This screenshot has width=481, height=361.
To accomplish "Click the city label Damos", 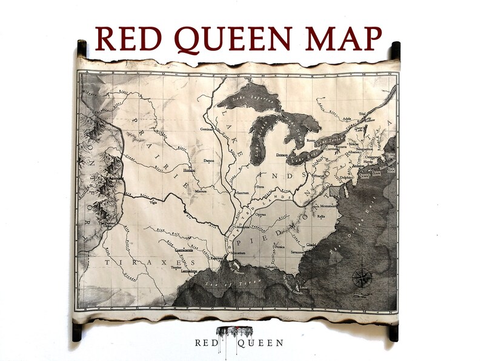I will [x=209, y=161].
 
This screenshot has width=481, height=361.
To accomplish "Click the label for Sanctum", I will [x=242, y=192].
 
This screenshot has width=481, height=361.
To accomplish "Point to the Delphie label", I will [x=345, y=178].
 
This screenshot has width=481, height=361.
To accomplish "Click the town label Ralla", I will [x=322, y=216].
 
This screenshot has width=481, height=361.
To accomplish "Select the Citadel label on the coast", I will [x=311, y=245].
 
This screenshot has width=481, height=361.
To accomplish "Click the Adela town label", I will [x=347, y=119].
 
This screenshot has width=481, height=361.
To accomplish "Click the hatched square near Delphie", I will [x=334, y=190].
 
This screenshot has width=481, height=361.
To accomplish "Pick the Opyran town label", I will [x=260, y=214].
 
